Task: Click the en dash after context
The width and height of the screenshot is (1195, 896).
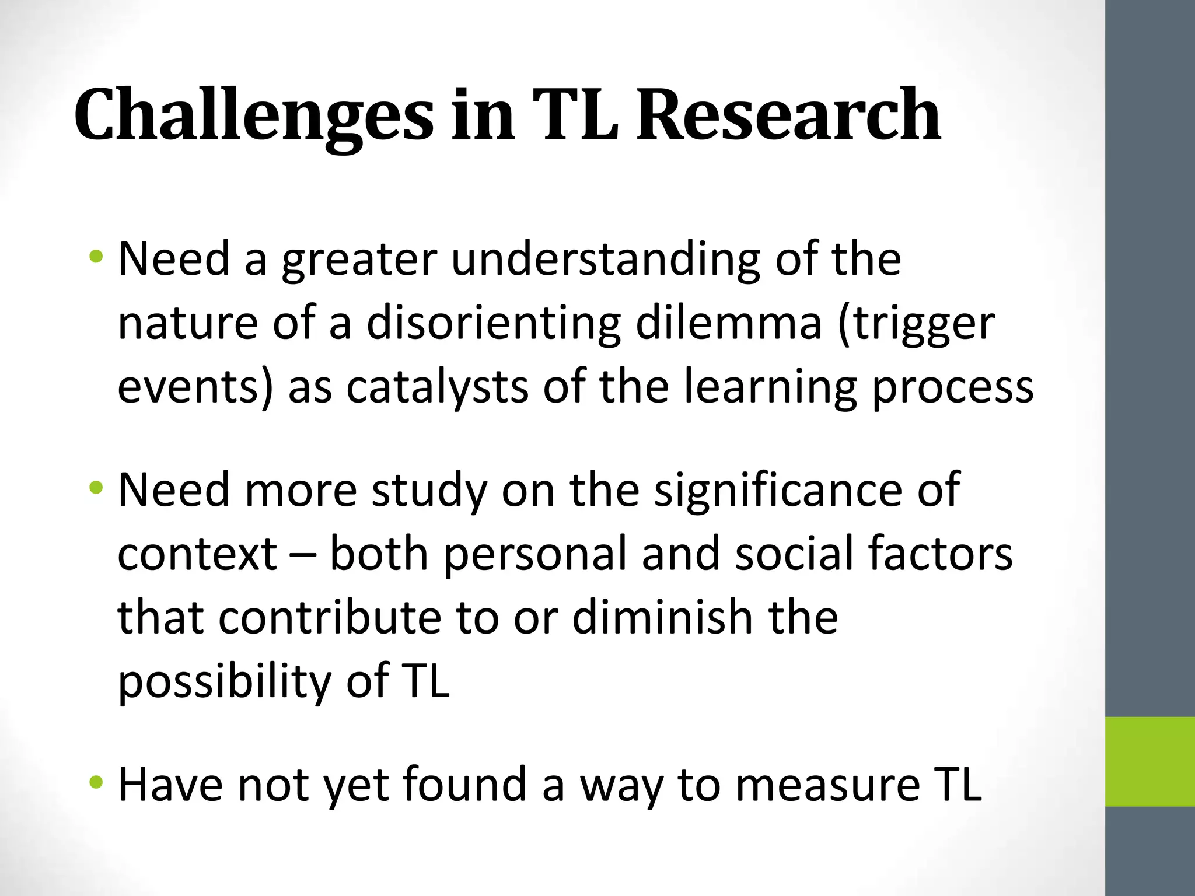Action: (x=303, y=555)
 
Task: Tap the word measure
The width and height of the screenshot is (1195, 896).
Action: (x=826, y=785)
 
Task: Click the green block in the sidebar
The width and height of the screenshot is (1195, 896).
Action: (x=1149, y=761)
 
